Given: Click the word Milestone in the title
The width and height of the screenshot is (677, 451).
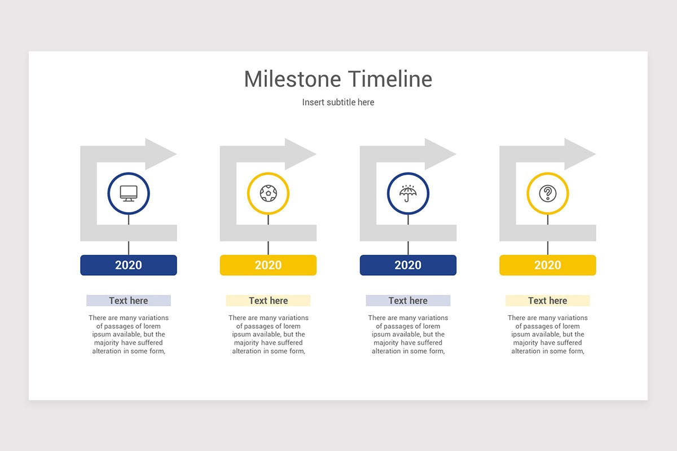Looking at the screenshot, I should (293, 79).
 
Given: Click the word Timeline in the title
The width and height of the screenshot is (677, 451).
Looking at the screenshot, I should (390, 79).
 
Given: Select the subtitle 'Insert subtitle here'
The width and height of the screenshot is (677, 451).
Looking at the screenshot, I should (338, 102).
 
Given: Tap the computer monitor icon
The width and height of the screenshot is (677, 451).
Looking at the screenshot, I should (129, 193).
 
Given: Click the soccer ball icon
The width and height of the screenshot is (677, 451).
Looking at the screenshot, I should (268, 193).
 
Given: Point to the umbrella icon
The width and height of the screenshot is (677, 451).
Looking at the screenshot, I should (408, 193).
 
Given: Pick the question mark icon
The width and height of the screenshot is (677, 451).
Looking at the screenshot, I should (547, 193).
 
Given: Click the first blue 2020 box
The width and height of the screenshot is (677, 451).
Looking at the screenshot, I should (129, 265).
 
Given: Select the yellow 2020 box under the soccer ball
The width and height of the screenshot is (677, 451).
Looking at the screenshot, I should (268, 265).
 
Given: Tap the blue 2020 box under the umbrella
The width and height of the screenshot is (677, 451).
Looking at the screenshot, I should (408, 265).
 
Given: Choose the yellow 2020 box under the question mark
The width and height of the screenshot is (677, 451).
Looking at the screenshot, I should (547, 265).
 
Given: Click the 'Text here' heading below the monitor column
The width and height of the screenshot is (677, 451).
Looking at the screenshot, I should (129, 300).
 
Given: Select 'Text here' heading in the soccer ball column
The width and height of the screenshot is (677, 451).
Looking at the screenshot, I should (268, 300).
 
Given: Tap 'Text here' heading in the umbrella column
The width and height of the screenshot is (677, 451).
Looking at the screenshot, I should (408, 300).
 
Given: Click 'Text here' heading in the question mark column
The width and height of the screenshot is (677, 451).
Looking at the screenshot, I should (547, 300).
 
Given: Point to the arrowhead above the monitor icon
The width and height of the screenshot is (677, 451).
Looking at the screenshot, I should (159, 154).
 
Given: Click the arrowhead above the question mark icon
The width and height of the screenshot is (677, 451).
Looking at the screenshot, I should (578, 154).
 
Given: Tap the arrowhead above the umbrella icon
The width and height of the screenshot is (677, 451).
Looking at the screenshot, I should (438, 154).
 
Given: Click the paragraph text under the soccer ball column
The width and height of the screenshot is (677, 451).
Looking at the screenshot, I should (268, 334).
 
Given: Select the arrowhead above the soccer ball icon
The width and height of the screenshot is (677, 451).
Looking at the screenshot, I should (298, 154).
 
